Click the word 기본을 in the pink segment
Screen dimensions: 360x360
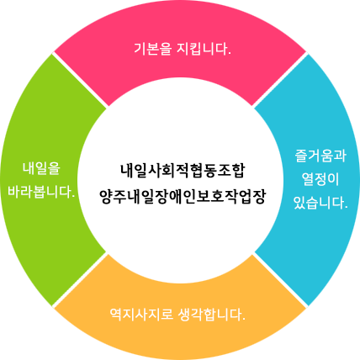[x=152, y=49]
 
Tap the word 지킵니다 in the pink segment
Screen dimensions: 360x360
[x=202, y=49]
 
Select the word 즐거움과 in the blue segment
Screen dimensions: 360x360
[x=320, y=156]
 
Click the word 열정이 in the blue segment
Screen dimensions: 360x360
[x=320, y=179]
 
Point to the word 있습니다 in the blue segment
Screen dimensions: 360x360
[x=318, y=203]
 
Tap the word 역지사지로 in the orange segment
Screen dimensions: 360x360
[x=141, y=315]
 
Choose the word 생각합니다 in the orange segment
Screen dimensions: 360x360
[x=209, y=315]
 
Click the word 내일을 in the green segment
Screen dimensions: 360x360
[x=41, y=168]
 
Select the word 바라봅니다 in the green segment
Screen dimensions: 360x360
[x=39, y=193]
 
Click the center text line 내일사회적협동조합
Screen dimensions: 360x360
[x=183, y=171]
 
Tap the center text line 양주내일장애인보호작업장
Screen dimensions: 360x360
[x=183, y=197]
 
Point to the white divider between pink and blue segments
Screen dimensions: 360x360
[x=279, y=80]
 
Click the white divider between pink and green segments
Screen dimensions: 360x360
[x=80, y=80]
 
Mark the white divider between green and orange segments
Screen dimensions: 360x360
[x=80, y=279]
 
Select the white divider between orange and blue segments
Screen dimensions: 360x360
[x=279, y=279]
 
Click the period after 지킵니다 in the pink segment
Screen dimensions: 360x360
[x=230, y=54]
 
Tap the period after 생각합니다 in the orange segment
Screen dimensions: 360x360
[x=244, y=320]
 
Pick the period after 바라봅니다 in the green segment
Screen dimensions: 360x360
[x=73, y=197]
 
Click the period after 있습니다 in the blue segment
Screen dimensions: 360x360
[x=346, y=207]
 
